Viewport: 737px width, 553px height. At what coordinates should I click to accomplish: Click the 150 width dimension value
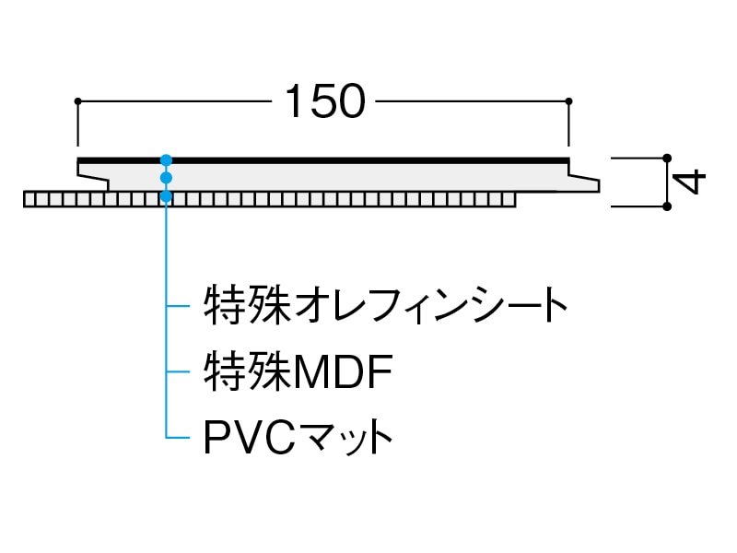pos(325,102)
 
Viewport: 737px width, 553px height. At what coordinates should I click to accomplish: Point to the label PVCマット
pos(298,436)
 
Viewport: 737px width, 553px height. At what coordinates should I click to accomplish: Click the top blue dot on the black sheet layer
pos(166,159)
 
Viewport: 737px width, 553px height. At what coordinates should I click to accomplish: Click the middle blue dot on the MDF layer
pos(166,177)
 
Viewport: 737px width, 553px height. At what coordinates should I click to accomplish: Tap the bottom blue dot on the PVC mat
pos(166,195)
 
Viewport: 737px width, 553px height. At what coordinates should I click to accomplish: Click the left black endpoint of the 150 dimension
pos(78,100)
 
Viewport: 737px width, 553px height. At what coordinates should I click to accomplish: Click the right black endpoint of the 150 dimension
pos(569,100)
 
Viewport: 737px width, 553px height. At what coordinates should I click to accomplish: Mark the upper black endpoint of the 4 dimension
pos(667,159)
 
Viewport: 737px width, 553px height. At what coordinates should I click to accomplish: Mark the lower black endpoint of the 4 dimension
pos(667,206)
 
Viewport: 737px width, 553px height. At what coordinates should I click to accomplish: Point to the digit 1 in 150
pos(294,102)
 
